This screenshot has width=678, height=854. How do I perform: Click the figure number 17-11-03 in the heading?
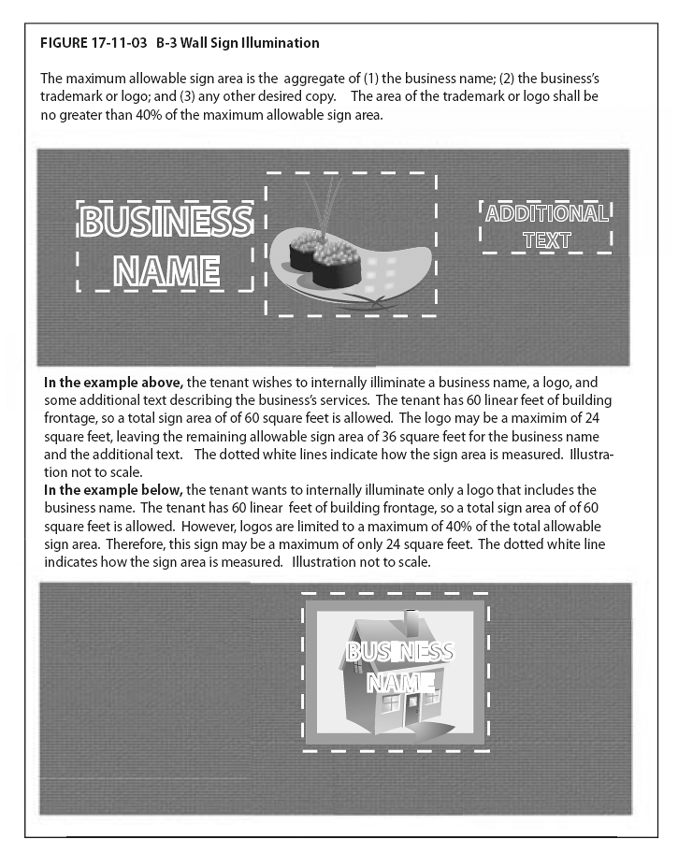119,43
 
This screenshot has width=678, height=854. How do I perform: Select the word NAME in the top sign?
166,271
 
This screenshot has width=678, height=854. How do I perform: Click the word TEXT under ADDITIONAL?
547,240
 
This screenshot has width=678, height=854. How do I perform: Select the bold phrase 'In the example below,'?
113,490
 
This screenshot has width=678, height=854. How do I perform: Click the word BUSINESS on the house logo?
399,652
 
